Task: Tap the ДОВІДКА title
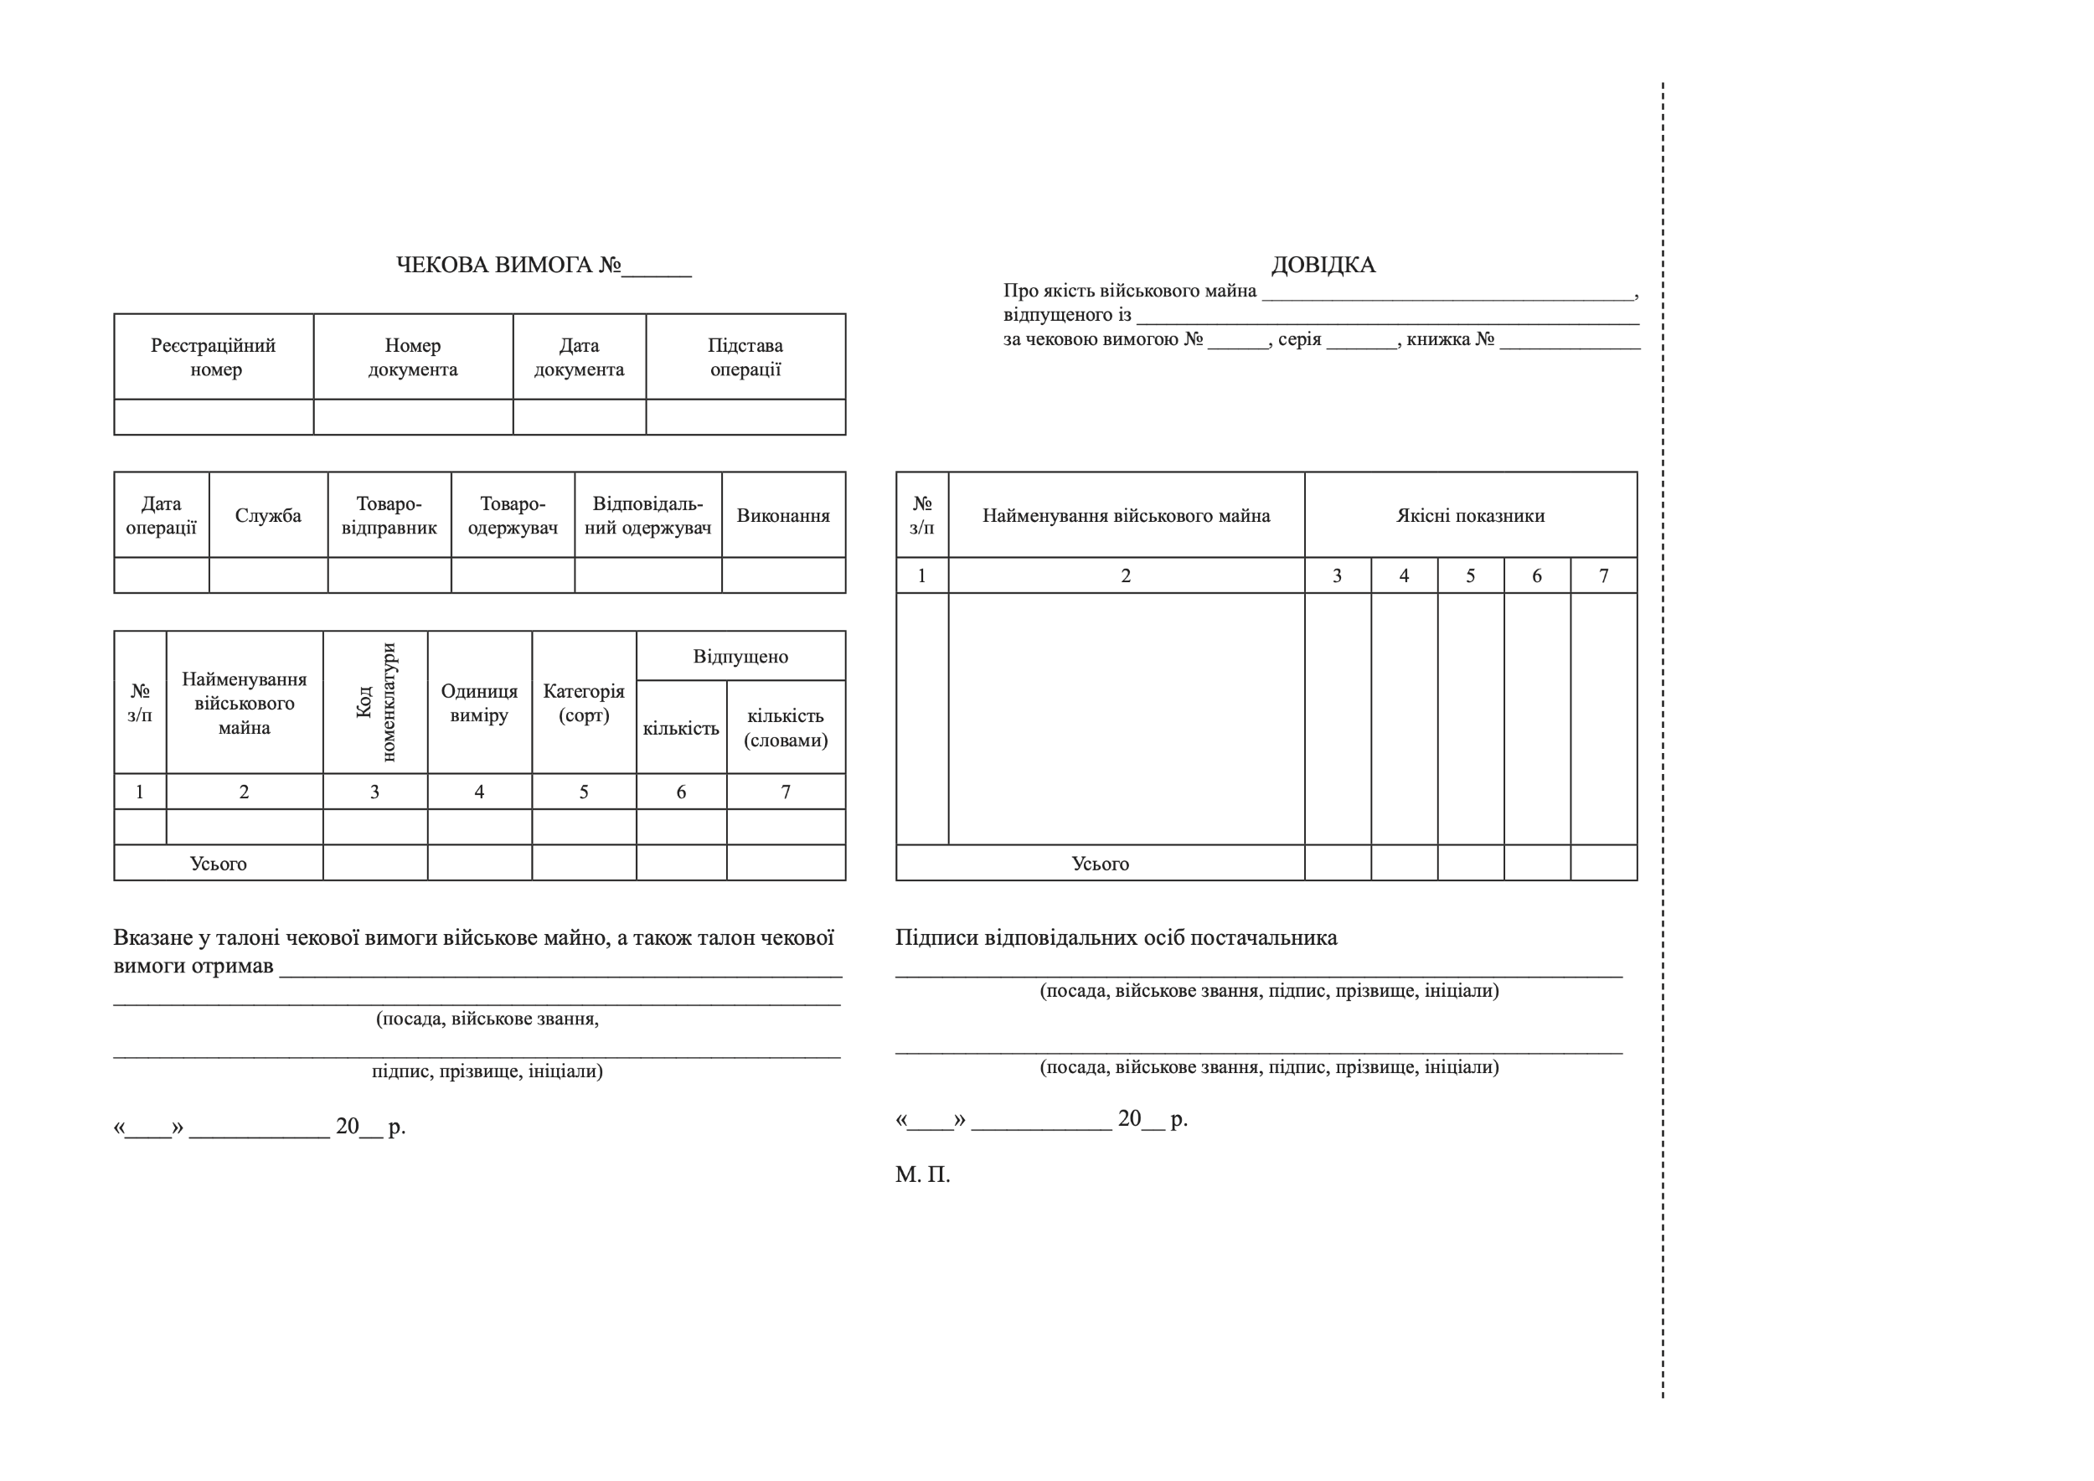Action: [1323, 266]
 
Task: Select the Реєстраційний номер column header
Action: [214, 357]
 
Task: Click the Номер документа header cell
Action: [412, 357]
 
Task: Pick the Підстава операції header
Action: [745, 357]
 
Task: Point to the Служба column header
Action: [268, 515]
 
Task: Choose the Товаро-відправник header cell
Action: [389, 515]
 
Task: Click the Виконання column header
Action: [783, 515]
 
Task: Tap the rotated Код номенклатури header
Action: [376, 702]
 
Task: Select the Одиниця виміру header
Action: [479, 702]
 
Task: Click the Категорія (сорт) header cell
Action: [584, 702]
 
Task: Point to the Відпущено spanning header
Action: [740, 657]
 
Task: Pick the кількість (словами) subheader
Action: [786, 728]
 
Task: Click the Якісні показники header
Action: [1470, 515]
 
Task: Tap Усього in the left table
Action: [218, 864]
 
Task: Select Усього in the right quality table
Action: [1100, 864]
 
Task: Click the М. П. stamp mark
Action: [922, 1174]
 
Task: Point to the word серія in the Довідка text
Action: [1299, 339]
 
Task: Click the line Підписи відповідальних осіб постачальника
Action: [1117, 937]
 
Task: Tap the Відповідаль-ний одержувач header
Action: [647, 515]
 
